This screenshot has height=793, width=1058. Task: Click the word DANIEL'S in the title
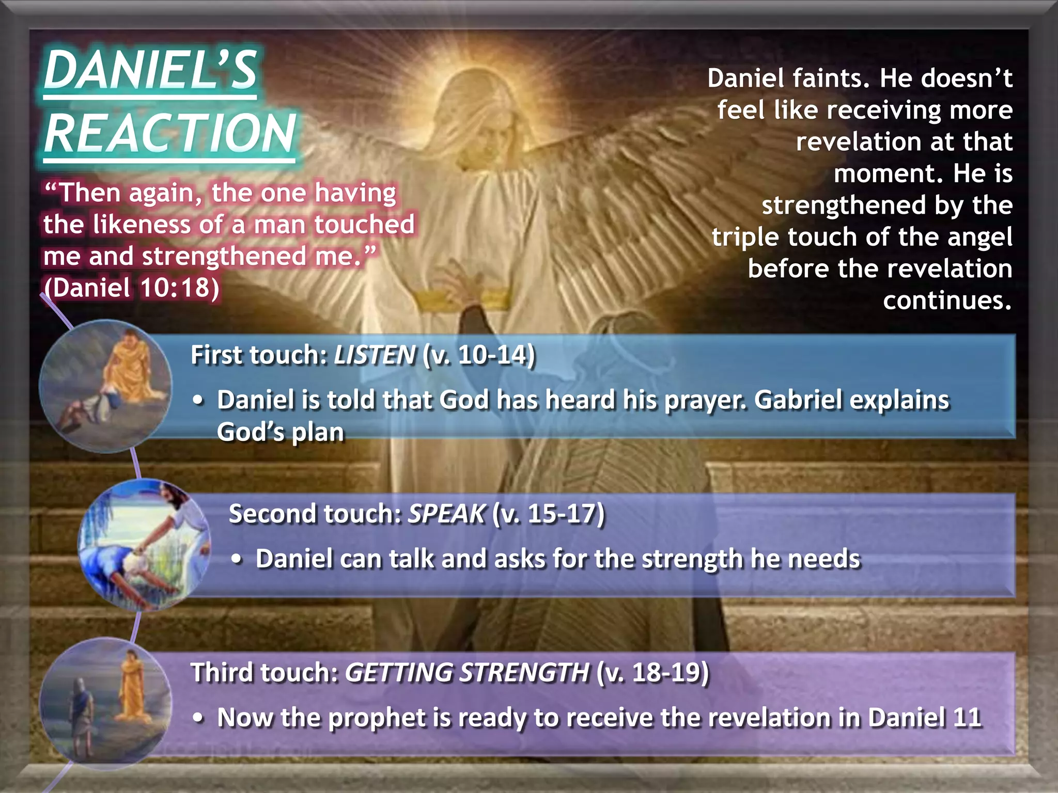coord(150,71)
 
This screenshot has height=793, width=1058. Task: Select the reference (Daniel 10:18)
coord(132,288)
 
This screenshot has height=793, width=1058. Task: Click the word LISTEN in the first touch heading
coord(375,355)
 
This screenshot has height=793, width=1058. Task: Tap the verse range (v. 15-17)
coord(548,514)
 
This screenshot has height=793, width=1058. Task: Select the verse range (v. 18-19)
coord(652,673)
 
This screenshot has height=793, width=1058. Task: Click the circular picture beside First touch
coord(105,386)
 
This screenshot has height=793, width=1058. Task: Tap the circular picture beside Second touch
coord(144,545)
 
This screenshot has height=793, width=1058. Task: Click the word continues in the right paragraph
coord(947,300)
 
